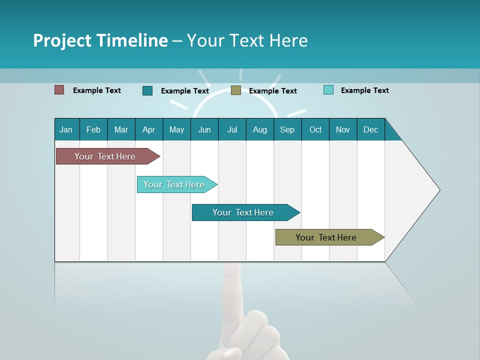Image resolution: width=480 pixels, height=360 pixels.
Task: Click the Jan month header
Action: coord(66,129)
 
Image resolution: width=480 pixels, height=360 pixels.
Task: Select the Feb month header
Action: coord(93,129)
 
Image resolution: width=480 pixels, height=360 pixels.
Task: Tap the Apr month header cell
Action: coord(149,129)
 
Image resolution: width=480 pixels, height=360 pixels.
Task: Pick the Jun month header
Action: coord(204,129)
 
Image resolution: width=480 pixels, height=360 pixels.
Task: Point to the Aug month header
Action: coord(260,129)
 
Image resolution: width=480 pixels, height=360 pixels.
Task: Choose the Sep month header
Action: coord(287,129)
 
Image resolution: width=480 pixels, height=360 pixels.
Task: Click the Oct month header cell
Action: coord(315,129)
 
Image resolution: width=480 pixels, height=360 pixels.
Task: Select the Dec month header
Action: coord(371,129)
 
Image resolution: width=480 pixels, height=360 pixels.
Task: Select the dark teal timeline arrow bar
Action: coord(243,212)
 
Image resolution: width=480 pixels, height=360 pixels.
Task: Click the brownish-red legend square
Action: coord(59,90)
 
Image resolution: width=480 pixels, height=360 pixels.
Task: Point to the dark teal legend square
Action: coord(147,90)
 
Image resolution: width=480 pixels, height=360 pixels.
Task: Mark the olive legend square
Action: coord(236,90)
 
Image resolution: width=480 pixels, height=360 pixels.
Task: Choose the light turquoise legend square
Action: coord(328,90)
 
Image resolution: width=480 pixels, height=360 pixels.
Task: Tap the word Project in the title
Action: coord(62,40)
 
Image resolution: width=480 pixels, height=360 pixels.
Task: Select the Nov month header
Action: coord(343,129)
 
